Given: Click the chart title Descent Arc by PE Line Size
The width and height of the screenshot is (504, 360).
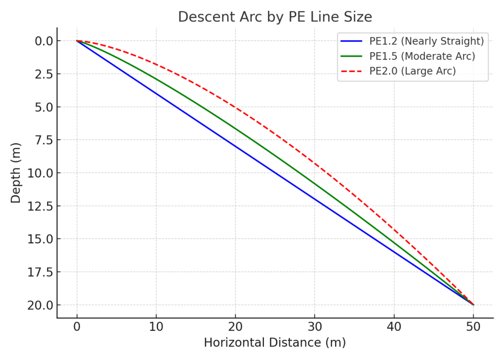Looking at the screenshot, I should [x=275, y=17].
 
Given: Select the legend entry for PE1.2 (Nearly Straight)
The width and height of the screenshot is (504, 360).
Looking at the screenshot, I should [x=427, y=41].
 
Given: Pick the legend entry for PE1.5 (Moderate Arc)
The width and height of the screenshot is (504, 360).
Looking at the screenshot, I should [x=422, y=56].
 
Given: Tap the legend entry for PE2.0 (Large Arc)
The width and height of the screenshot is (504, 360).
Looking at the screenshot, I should [x=412, y=71].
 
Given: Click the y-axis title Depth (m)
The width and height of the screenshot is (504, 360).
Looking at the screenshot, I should [x=16, y=172].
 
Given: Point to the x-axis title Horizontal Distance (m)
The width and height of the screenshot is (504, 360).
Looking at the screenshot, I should [x=275, y=343].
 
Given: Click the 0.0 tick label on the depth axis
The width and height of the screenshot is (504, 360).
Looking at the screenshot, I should [x=38, y=41].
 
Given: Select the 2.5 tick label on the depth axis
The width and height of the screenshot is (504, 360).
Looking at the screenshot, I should [x=38, y=74].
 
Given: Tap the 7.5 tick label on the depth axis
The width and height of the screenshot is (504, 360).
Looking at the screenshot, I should [x=38, y=140].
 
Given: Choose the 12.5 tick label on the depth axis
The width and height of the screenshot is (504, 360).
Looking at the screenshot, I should [x=36, y=206].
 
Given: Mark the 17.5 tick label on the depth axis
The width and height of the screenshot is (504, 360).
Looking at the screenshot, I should [x=36, y=272].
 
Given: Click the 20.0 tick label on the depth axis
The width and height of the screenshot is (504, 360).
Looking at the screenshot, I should [x=36, y=305].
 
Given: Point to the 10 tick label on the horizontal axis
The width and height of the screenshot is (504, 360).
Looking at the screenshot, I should [x=156, y=326].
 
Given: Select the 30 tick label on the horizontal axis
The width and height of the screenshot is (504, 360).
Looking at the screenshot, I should [x=315, y=326].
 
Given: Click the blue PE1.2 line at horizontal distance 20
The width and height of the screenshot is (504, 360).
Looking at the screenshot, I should [x=235, y=146].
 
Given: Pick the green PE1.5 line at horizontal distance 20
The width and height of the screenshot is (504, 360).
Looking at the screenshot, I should [x=235, y=128].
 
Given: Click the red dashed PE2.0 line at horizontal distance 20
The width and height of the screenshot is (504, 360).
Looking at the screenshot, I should [x=235, y=107].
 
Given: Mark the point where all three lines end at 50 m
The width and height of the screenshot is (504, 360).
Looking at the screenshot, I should [x=473, y=305].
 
